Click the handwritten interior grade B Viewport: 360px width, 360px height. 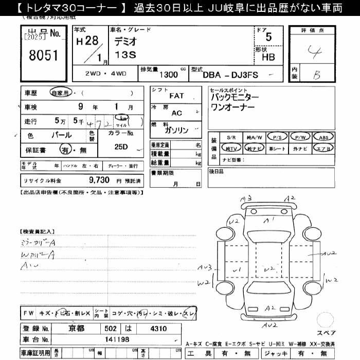pos(317,75)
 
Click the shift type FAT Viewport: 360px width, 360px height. pos(176,96)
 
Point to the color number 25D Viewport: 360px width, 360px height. pos(122,147)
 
